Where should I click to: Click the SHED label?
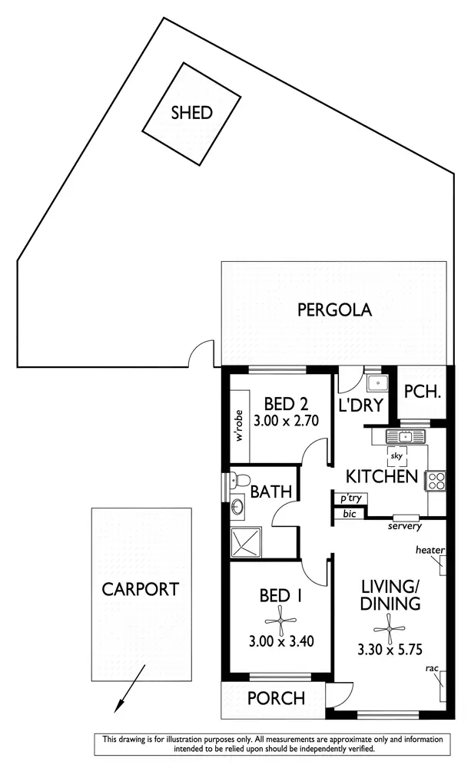(x=191, y=113)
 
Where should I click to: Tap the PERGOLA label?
(x=334, y=310)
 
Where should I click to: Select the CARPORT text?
(x=141, y=589)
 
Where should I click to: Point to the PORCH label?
(x=276, y=699)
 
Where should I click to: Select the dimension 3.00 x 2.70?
(x=286, y=420)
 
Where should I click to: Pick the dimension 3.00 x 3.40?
(x=279, y=641)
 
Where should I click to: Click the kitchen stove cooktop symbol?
(x=436, y=481)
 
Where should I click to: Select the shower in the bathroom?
(x=247, y=542)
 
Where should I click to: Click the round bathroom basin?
(x=238, y=507)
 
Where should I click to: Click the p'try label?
(x=350, y=498)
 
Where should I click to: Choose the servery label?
(x=404, y=526)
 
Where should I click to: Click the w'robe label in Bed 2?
(x=240, y=425)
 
